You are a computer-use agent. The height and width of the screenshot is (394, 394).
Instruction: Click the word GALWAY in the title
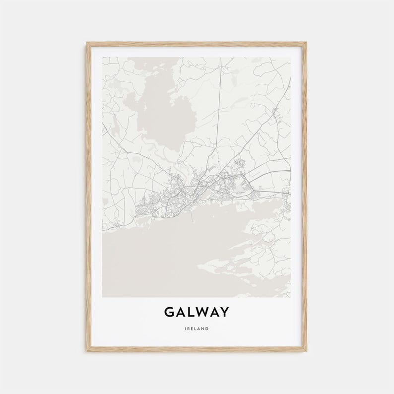point(197,312)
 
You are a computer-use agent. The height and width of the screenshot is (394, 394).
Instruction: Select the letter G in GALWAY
point(169,312)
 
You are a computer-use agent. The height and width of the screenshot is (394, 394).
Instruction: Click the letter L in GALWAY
point(192,312)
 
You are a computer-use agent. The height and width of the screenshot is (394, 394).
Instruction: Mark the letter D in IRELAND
point(207,328)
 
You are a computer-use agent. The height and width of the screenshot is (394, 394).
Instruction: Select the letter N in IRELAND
point(203,328)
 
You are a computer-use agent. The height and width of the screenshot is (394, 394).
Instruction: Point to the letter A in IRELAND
point(199,328)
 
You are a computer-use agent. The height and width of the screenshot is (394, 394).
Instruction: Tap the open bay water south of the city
point(149,258)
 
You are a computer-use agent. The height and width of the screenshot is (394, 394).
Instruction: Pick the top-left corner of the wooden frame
point(87,43)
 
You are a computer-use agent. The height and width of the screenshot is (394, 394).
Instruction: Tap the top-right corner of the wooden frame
point(306,43)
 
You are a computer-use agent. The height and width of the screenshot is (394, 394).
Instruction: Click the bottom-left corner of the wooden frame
point(87,351)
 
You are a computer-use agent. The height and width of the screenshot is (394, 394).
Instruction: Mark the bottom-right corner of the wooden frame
point(306,351)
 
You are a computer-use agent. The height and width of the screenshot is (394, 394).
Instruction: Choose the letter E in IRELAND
point(193,328)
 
